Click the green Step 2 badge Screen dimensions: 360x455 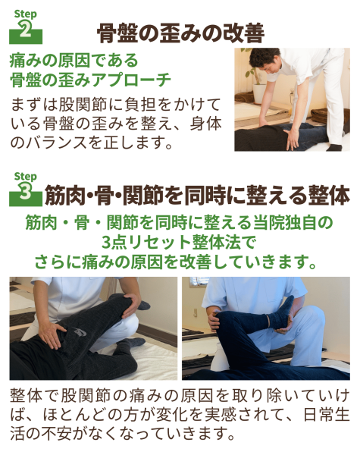tap(26, 27)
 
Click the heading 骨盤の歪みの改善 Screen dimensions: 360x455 tap(180, 33)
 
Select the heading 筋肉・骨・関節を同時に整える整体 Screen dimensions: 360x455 tap(197, 196)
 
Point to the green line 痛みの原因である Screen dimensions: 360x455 tap(74, 61)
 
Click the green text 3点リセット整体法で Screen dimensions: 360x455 tap(179, 243)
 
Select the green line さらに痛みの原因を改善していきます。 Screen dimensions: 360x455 tap(176, 262)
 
